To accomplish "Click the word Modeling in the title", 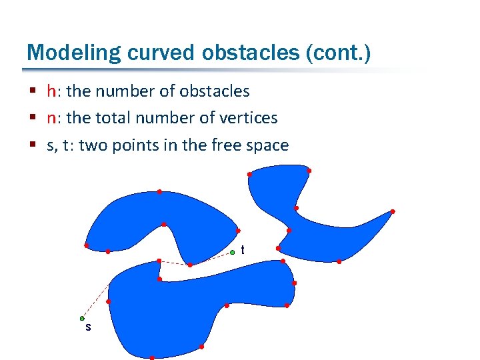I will point(61,52).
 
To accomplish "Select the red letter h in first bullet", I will point(51,91).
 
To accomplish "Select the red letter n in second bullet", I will point(51,118).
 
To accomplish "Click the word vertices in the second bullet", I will point(251,118).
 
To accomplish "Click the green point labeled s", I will point(82,318).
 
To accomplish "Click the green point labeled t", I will point(233,252).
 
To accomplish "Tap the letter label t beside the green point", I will point(243,250).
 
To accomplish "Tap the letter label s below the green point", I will point(87,328).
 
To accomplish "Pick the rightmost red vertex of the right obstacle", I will point(393,211).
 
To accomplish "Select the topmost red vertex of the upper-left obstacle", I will point(159,192).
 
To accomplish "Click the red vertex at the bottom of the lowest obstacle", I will point(152,357).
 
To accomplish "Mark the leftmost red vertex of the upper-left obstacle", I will point(86,245).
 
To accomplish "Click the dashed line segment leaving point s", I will point(95,301).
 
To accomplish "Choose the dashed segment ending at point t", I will point(212,258).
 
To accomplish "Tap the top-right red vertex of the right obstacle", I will point(309,171).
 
